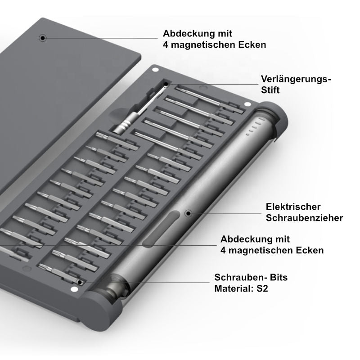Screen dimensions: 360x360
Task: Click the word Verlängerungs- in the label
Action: (x=296, y=79)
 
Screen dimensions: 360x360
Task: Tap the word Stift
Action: (x=270, y=90)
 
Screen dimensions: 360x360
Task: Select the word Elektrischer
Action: (x=293, y=207)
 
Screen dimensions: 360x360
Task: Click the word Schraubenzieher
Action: (x=305, y=218)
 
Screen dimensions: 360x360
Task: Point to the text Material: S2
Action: (x=241, y=288)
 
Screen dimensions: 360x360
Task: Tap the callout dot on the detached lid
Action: (x=43, y=38)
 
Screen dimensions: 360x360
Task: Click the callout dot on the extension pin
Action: (x=166, y=84)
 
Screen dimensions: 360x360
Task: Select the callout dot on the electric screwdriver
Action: (x=188, y=213)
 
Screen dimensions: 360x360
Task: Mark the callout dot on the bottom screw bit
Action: (x=80, y=282)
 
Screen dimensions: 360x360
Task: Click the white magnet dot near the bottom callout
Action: (x=74, y=289)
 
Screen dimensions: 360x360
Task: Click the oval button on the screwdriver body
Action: (x=161, y=229)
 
